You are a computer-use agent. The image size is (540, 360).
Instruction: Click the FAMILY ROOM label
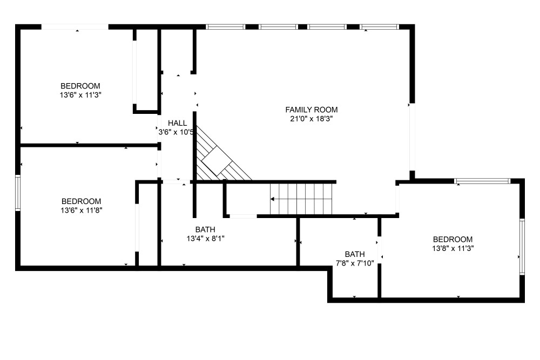tap(312, 110)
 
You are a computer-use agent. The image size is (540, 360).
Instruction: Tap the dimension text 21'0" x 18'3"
tap(312, 119)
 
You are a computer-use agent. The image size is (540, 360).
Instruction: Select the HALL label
tap(177, 123)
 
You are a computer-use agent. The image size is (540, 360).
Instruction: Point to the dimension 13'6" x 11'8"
tap(82, 210)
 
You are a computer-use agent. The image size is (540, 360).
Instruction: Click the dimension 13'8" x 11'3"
tap(453, 248)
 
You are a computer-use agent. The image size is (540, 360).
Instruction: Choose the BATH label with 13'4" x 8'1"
tap(205, 229)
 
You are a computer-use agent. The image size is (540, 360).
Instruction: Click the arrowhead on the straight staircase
tap(272, 199)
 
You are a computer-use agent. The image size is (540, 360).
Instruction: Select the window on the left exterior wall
tap(18, 193)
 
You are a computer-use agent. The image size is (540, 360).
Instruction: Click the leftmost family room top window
tap(226, 27)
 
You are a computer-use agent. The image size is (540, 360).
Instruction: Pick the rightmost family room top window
tap(380, 27)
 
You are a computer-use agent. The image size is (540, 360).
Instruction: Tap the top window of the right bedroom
tap(482, 181)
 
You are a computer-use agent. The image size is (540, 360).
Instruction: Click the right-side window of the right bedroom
tap(522, 247)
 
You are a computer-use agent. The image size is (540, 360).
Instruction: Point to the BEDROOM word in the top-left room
tap(80, 86)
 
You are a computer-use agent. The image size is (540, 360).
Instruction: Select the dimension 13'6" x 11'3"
tap(80, 95)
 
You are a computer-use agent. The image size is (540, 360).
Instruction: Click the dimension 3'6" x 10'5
tap(176, 132)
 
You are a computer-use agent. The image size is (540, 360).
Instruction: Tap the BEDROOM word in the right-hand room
tap(453, 239)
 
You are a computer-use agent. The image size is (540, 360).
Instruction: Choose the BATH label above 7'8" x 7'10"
tap(355, 254)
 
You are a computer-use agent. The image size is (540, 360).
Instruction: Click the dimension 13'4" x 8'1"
tap(206, 239)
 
